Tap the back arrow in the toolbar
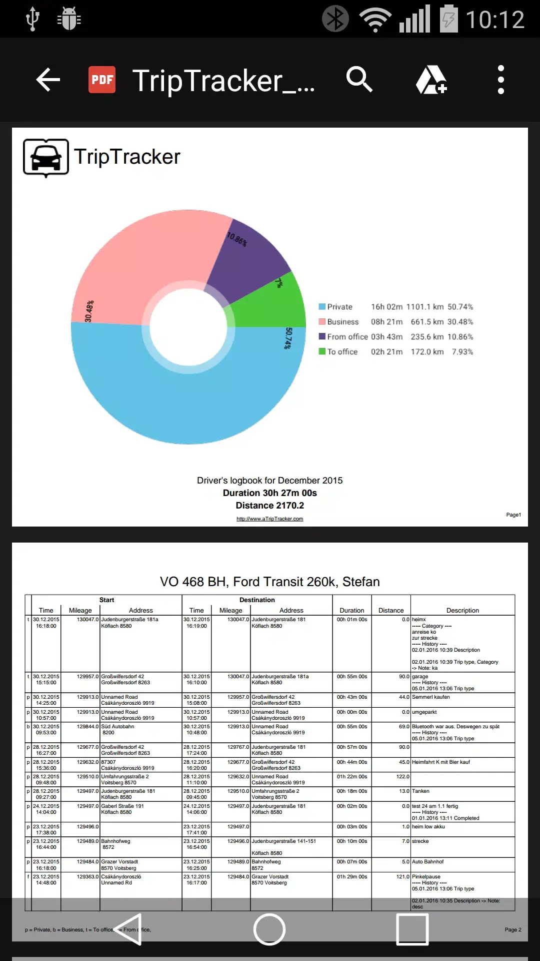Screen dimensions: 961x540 pyautogui.click(x=48, y=80)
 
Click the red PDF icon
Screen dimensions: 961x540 pyautogui.click(x=102, y=80)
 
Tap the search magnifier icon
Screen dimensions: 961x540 pyautogui.click(x=359, y=80)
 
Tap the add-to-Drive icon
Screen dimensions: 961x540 pyautogui.click(x=431, y=80)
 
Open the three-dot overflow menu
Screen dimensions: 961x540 pyautogui.click(x=500, y=80)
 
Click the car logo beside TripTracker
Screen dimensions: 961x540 pyautogui.click(x=46, y=158)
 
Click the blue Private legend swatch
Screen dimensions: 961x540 pyautogui.click(x=322, y=307)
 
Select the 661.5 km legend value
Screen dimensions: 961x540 pyautogui.click(x=427, y=322)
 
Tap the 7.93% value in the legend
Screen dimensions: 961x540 pyautogui.click(x=462, y=352)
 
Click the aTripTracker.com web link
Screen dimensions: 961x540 pyautogui.click(x=270, y=519)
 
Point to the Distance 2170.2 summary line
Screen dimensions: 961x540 pyautogui.click(x=270, y=506)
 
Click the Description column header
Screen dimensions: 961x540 pyautogui.click(x=462, y=610)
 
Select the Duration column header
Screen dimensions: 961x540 pyautogui.click(x=352, y=610)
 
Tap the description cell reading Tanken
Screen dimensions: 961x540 pyautogui.click(x=421, y=791)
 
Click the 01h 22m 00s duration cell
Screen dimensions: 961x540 pyautogui.click(x=352, y=777)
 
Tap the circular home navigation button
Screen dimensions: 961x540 pyautogui.click(x=269, y=929)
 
